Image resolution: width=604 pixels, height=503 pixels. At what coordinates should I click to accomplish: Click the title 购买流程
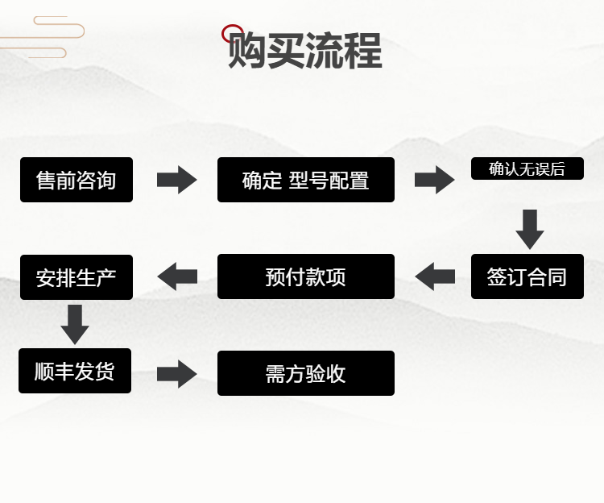(x=304, y=50)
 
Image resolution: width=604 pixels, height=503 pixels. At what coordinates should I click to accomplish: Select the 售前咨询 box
(x=77, y=180)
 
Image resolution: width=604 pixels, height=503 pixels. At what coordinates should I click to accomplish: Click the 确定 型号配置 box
(x=306, y=180)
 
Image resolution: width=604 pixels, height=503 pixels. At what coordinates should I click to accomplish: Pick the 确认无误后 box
(x=527, y=168)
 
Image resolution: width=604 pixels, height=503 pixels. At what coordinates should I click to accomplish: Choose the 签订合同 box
(x=527, y=276)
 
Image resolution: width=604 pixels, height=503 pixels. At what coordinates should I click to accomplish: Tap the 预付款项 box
(x=306, y=276)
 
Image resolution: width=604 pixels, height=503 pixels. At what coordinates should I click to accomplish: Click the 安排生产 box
(x=77, y=276)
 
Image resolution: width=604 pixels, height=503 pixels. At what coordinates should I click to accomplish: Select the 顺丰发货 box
(x=75, y=371)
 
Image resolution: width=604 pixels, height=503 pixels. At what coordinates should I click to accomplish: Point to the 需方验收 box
(x=306, y=373)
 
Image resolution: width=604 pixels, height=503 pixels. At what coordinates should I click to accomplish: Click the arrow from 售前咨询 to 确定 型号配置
(x=176, y=179)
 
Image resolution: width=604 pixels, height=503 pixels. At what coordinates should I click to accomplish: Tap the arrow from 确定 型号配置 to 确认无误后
(x=434, y=179)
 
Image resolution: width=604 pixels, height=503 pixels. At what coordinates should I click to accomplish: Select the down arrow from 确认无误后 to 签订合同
(x=529, y=229)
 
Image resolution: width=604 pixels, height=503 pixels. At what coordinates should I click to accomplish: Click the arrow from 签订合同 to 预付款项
(x=435, y=276)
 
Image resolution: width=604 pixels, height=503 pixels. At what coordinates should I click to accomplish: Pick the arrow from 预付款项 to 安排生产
(x=177, y=276)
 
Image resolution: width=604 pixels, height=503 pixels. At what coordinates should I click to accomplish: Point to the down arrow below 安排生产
(x=75, y=323)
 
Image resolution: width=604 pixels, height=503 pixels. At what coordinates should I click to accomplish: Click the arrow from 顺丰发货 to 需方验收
(x=176, y=373)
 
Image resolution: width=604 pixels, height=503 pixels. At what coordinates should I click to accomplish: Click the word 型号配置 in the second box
(x=329, y=180)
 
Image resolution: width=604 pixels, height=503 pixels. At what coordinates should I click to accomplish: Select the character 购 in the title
(x=246, y=51)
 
